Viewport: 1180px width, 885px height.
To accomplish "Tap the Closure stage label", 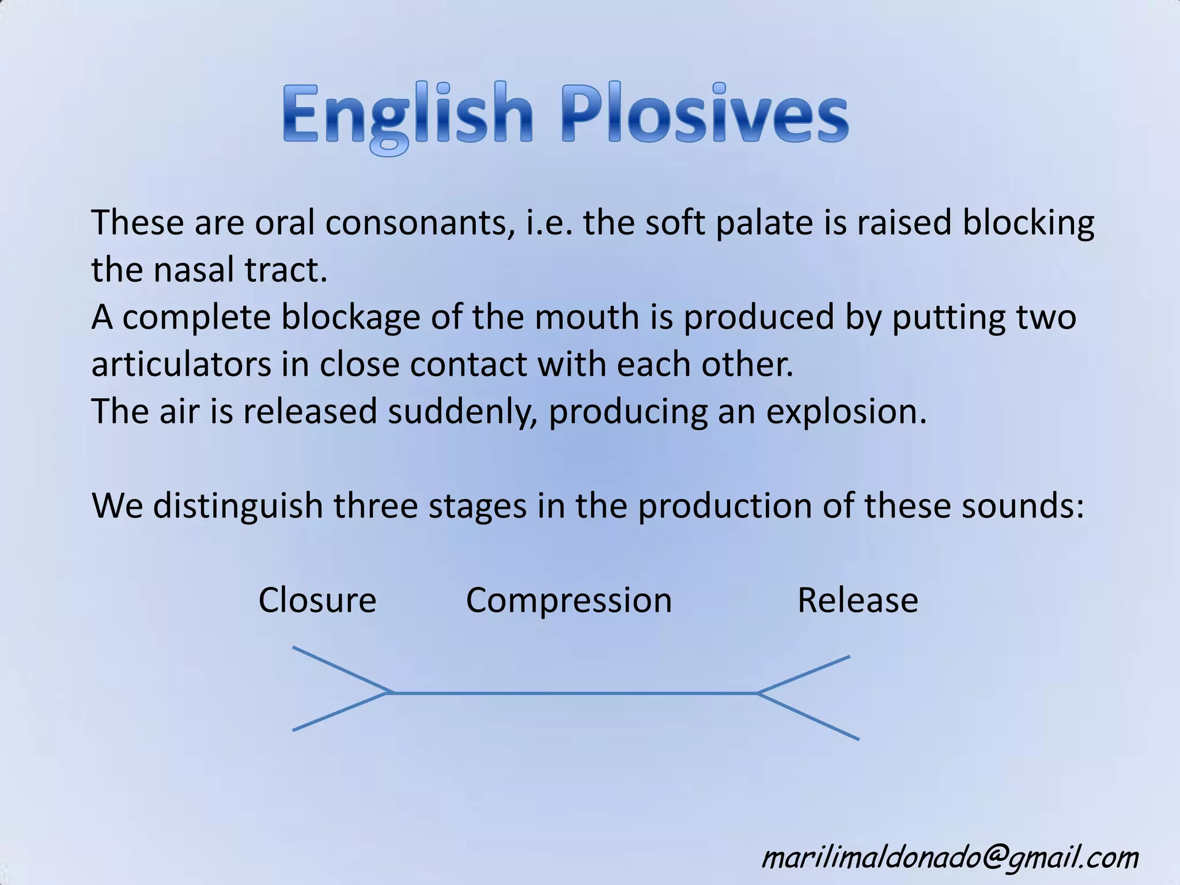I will [317, 600].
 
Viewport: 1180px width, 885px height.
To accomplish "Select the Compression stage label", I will [569, 600].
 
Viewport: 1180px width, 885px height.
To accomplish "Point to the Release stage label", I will [857, 600].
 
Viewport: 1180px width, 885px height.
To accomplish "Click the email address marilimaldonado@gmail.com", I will [950, 857].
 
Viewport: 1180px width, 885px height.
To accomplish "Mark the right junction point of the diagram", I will [758, 693].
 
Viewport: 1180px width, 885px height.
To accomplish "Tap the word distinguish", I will [237, 507].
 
